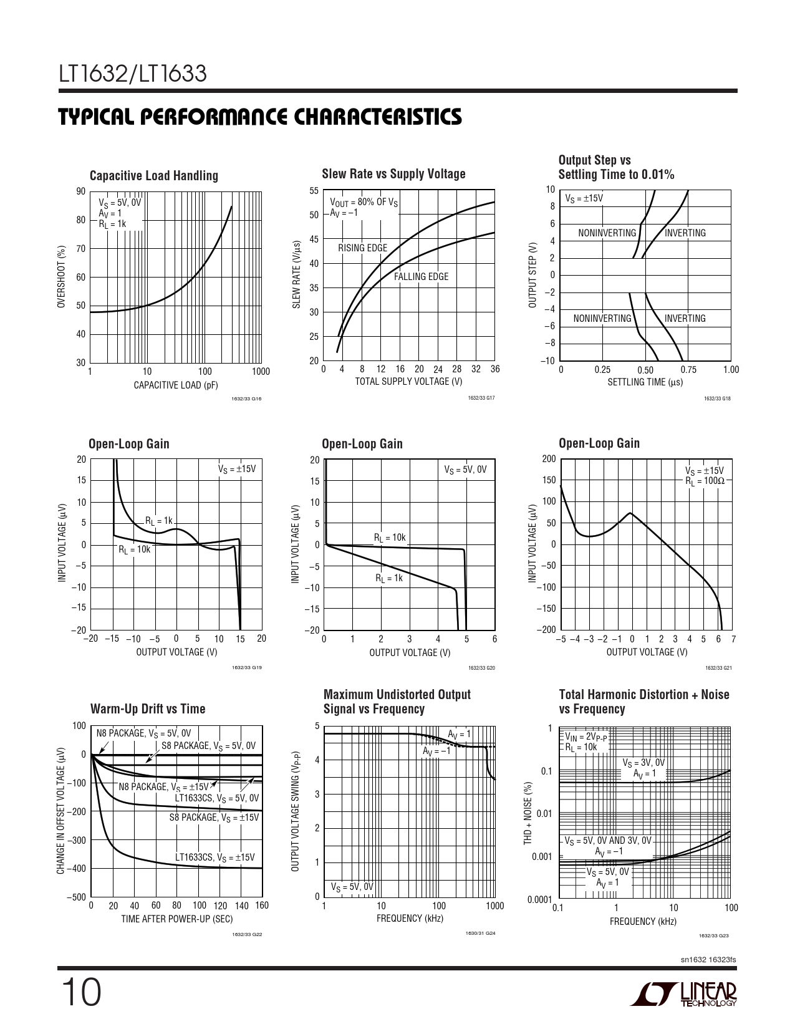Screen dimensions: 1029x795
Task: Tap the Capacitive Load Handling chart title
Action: pyautogui.click(x=153, y=176)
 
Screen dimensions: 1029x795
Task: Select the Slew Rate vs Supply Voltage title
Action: pyautogui.click(x=393, y=174)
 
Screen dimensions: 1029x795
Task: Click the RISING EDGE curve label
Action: pyautogui.click(x=362, y=248)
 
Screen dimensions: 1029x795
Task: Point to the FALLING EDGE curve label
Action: pyautogui.click(x=421, y=277)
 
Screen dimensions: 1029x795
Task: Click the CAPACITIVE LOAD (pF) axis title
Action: pyautogui.click(x=176, y=385)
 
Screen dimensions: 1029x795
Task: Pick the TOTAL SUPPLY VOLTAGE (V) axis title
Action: pyautogui.click(x=408, y=382)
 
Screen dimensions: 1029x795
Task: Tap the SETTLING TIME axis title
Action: pyautogui.click(x=645, y=382)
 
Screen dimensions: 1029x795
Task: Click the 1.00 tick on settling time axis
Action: pyautogui.click(x=730, y=370)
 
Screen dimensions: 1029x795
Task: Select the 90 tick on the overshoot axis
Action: pyautogui.click(x=80, y=191)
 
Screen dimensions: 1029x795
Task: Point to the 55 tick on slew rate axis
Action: pyautogui.click(x=314, y=191)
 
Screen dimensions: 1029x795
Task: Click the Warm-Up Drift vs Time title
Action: pyautogui.click(x=148, y=709)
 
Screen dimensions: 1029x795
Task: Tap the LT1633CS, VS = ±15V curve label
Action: pyautogui.click(x=215, y=857)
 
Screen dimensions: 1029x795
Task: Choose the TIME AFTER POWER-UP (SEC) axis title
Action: pyautogui.click(x=176, y=919)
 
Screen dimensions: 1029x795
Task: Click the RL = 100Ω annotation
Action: pyautogui.click(x=705, y=481)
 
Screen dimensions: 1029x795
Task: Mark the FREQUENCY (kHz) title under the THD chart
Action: pyautogui.click(x=643, y=921)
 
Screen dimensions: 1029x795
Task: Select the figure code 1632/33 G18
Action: pyautogui.click(x=717, y=398)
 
